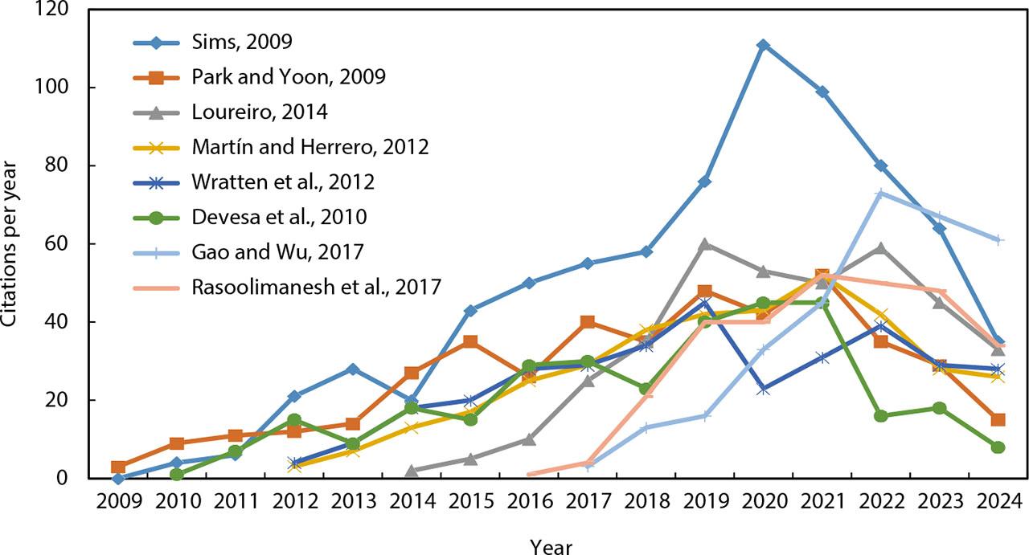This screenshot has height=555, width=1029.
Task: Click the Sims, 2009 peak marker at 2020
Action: point(763,45)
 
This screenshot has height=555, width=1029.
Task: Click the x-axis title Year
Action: point(551,545)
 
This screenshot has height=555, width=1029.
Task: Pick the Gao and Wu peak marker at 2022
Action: point(880,193)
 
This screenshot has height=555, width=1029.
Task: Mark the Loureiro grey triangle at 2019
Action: point(704,243)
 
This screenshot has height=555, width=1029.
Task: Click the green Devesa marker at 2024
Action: point(998,447)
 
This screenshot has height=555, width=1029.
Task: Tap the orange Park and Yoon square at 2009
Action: point(118,467)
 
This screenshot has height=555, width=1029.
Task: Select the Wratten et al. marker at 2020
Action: point(763,389)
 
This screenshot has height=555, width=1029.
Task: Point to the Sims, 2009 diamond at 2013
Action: point(353,369)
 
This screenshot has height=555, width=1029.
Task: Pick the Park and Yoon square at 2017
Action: point(588,322)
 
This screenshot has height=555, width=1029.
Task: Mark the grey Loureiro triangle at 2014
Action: point(412,471)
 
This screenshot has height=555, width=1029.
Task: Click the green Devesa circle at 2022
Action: point(880,416)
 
